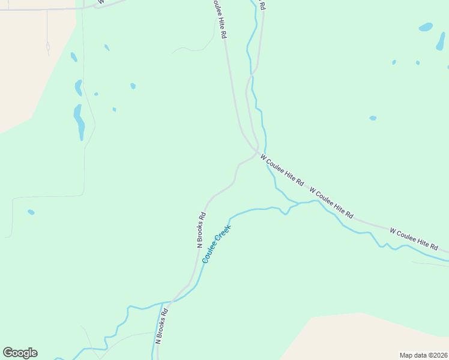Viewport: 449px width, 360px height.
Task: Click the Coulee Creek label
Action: [216, 241]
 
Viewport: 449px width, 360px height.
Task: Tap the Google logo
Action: [20, 353]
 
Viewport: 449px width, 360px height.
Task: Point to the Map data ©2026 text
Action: [423, 355]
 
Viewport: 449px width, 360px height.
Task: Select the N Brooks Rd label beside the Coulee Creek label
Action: [202, 230]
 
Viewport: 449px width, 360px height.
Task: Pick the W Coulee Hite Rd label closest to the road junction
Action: [282, 170]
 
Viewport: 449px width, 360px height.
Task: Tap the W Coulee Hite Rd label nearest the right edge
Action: [414, 239]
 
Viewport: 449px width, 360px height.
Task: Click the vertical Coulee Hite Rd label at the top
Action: [219, 19]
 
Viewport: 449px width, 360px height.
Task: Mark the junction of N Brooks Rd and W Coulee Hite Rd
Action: [258, 150]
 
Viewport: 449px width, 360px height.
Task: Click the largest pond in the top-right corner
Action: [426, 27]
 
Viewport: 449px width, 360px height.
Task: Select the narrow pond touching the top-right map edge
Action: [441, 41]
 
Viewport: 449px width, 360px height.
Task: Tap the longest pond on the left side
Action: [79, 121]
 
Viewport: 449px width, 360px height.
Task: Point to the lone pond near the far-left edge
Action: [31, 212]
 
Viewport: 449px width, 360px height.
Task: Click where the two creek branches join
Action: [298, 203]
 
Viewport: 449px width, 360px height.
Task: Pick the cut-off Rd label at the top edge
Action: [262, 4]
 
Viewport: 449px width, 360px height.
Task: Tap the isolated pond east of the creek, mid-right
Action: [373, 118]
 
